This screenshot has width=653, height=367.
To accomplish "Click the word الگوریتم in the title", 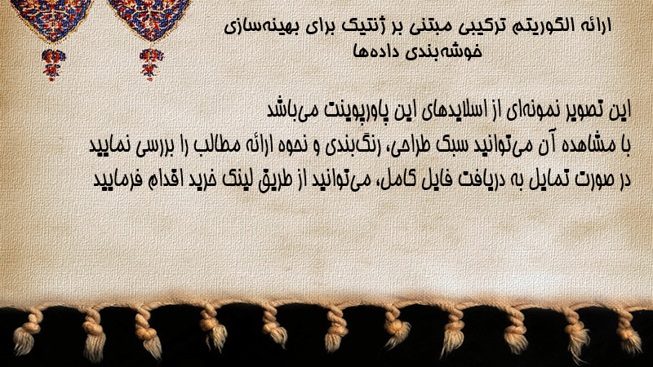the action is click(542, 26).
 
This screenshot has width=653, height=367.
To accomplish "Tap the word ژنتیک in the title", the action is click(366, 26).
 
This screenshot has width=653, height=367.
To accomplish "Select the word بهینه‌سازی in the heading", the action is click(260, 26).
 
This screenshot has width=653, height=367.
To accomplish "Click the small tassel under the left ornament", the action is click(53, 64).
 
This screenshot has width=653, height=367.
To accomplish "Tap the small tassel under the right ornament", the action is click(151, 64).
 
